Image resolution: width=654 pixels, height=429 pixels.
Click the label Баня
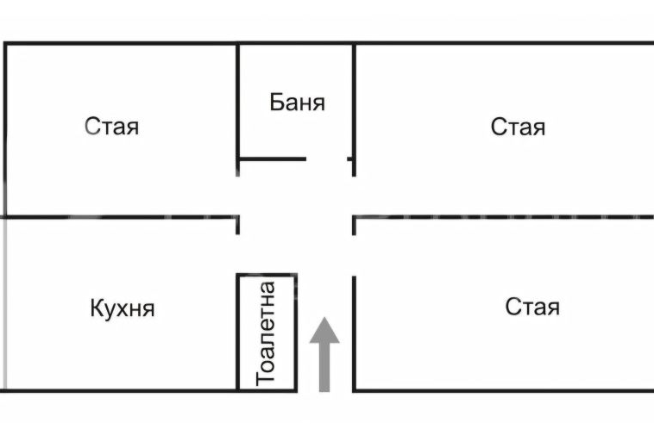click(297, 103)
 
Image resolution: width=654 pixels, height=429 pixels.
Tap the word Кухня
click(122, 308)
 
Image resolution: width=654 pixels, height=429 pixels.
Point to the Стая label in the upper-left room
click(112, 127)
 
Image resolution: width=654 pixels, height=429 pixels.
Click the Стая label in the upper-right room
click(518, 127)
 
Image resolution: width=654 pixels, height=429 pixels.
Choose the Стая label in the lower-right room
click(532, 307)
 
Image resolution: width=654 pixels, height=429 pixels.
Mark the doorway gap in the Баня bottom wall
click(327, 159)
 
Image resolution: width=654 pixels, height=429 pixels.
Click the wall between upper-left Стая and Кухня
click(121, 217)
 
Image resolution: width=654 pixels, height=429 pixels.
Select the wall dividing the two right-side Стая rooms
click(500, 217)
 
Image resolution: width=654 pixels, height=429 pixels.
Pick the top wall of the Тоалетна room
click(267, 276)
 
